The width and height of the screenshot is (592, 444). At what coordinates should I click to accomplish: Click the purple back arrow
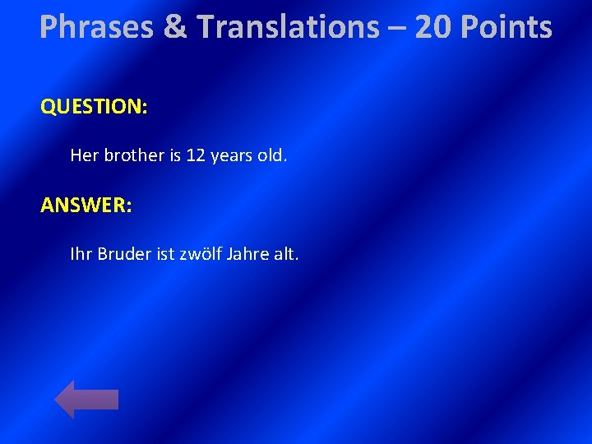[x=86, y=399]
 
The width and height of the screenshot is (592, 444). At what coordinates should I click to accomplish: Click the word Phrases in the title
[x=96, y=28]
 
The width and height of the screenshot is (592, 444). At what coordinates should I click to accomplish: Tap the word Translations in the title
[x=288, y=28]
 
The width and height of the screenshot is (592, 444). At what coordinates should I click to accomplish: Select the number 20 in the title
[x=433, y=28]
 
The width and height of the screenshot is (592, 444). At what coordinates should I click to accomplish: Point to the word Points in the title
[x=506, y=28]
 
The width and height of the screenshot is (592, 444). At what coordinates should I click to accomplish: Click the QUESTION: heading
[x=94, y=107]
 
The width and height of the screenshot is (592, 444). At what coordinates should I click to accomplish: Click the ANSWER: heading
[x=86, y=205]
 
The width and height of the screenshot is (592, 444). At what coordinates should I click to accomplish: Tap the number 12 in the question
[x=196, y=155]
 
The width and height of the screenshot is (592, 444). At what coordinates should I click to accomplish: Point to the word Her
[x=84, y=155]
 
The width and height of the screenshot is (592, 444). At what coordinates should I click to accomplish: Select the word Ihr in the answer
[x=81, y=254]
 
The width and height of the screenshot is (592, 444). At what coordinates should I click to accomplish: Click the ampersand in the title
[x=174, y=28]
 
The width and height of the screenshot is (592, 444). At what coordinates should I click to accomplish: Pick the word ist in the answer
[x=165, y=254]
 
